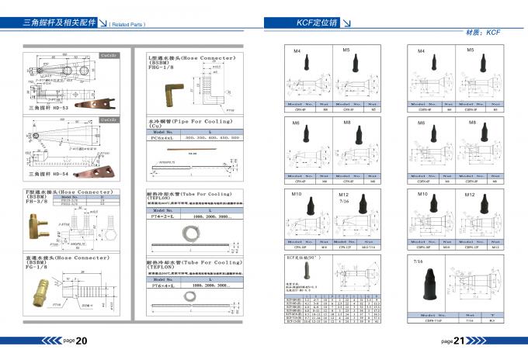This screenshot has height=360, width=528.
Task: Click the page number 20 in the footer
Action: tap(80, 340)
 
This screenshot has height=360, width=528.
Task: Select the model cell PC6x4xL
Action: tap(164, 138)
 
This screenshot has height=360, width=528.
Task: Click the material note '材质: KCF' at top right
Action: tap(481, 33)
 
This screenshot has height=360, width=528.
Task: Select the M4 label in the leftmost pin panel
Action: tap(295, 50)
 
